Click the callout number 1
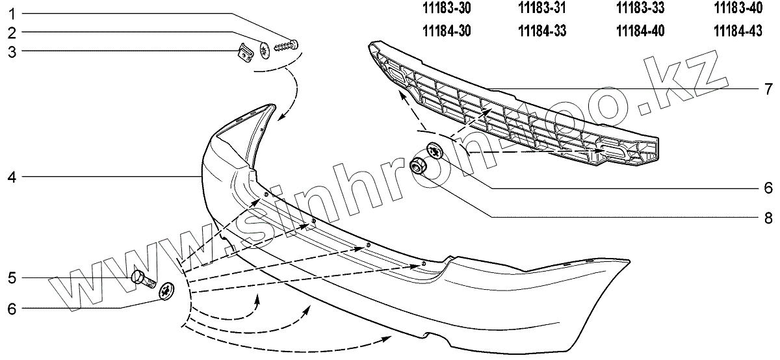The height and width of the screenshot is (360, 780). (12, 13)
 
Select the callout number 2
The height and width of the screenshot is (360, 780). (12, 32)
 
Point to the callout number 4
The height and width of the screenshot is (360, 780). (12, 176)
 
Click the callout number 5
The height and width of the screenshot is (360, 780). (12, 278)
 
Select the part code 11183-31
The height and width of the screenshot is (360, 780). (543, 8)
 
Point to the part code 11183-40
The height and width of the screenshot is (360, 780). (737, 8)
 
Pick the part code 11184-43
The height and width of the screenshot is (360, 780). (737, 31)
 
